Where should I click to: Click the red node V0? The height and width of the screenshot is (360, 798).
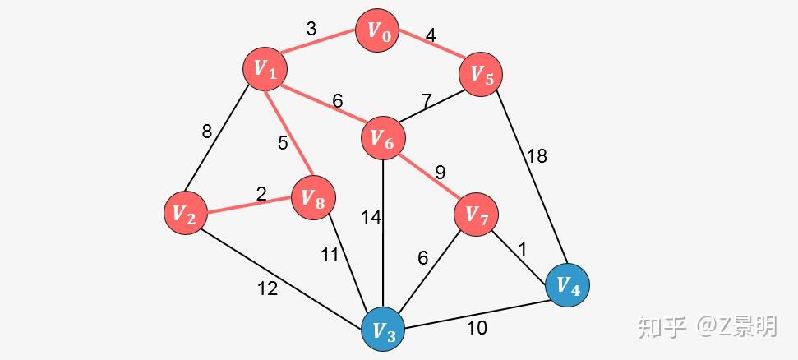[x=377, y=30]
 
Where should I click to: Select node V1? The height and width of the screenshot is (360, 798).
[x=265, y=69]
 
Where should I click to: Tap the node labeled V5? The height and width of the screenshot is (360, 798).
[x=481, y=74]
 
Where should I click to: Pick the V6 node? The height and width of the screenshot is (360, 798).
[x=383, y=138]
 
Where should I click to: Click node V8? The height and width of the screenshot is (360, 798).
[x=313, y=198]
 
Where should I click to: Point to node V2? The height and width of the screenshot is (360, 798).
[x=186, y=213]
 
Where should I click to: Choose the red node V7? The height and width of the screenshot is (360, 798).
[x=477, y=215]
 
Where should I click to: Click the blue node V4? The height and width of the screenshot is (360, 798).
[x=567, y=285]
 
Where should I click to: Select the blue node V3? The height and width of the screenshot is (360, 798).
[x=383, y=330]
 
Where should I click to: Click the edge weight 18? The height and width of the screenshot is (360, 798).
[x=537, y=156]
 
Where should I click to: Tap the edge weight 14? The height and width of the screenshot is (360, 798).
[x=371, y=218]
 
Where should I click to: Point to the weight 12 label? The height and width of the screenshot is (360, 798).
[x=268, y=288]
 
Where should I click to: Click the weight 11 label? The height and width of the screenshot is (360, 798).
[x=330, y=255]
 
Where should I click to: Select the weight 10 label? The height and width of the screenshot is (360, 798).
[x=477, y=329]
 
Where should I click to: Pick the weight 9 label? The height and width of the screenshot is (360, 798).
[x=440, y=173]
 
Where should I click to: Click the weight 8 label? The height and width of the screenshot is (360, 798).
[x=206, y=132]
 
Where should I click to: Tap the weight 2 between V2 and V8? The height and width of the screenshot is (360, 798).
[x=261, y=194]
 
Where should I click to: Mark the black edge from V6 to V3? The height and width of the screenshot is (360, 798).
[x=383, y=233]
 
